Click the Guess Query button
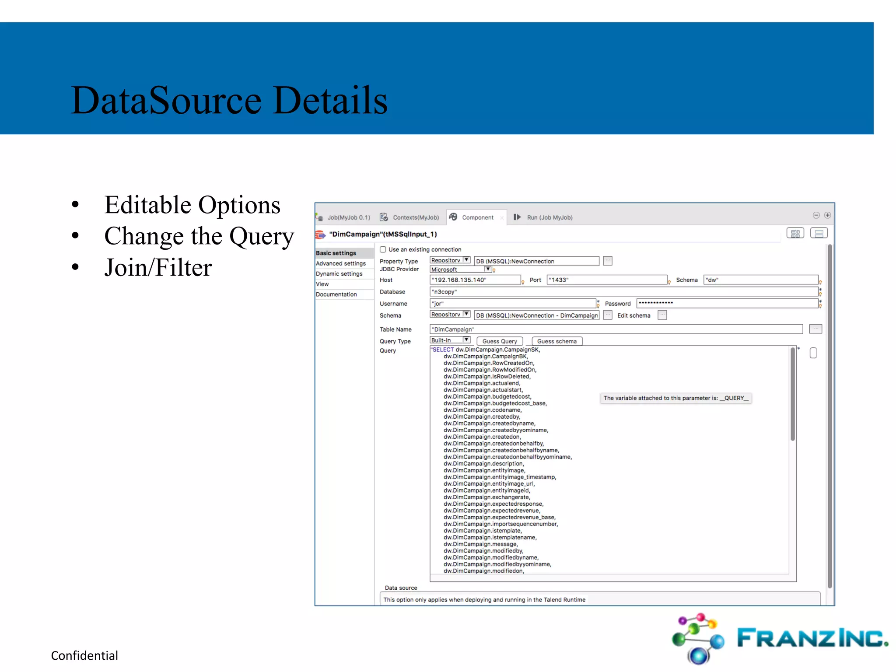click(x=499, y=341)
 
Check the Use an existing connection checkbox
click(x=383, y=249)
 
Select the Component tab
click(x=477, y=217)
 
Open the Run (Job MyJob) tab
click(x=549, y=217)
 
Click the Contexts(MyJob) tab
click(x=415, y=217)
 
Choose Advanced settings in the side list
click(x=341, y=263)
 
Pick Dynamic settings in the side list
click(x=339, y=274)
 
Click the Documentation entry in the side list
click(x=336, y=294)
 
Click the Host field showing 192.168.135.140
click(x=475, y=280)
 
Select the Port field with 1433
click(x=606, y=280)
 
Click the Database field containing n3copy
click(x=623, y=292)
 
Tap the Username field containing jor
click(x=512, y=304)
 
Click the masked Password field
click(x=727, y=303)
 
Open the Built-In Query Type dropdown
click(x=450, y=340)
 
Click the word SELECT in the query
click(x=443, y=350)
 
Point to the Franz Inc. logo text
click(x=812, y=638)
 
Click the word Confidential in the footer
click(x=84, y=655)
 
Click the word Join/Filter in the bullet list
click(x=158, y=267)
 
